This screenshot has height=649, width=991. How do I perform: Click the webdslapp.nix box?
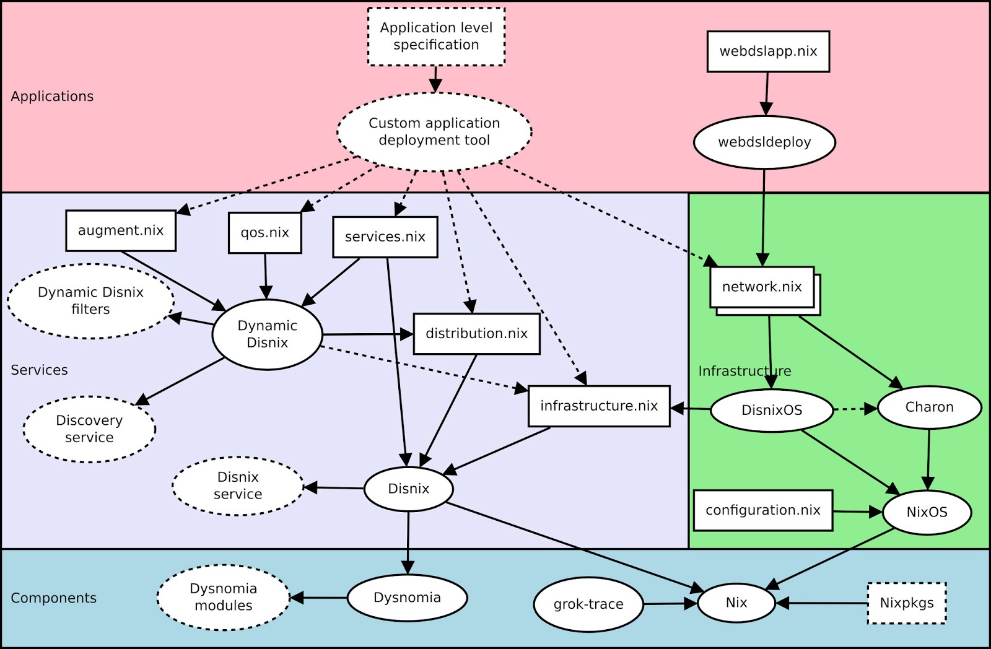(x=768, y=51)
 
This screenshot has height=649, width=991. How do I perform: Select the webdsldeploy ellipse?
(x=764, y=142)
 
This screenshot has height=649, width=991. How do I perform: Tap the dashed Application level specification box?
(x=436, y=37)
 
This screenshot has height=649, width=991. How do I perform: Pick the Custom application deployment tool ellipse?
(x=434, y=132)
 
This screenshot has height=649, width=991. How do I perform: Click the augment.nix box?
(x=121, y=230)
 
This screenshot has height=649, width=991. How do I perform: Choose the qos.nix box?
(x=265, y=233)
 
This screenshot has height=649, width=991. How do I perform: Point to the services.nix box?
(x=385, y=237)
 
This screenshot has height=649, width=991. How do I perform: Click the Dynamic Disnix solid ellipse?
(x=267, y=334)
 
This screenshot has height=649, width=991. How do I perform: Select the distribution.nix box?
(x=476, y=334)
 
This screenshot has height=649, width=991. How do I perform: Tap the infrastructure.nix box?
(x=599, y=406)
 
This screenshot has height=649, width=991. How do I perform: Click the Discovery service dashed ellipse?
(x=89, y=429)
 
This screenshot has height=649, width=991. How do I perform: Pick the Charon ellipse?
(x=929, y=407)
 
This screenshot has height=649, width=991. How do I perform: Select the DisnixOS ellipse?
(x=772, y=410)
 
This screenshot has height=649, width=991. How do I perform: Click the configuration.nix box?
(x=762, y=510)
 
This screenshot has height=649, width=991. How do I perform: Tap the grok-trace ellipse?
(x=588, y=604)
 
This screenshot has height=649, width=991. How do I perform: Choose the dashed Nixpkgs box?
(x=907, y=603)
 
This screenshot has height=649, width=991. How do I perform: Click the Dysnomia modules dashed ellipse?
(x=223, y=597)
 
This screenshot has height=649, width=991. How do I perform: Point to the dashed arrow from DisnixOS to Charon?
(x=855, y=409)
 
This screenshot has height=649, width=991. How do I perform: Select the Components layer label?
(x=54, y=598)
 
